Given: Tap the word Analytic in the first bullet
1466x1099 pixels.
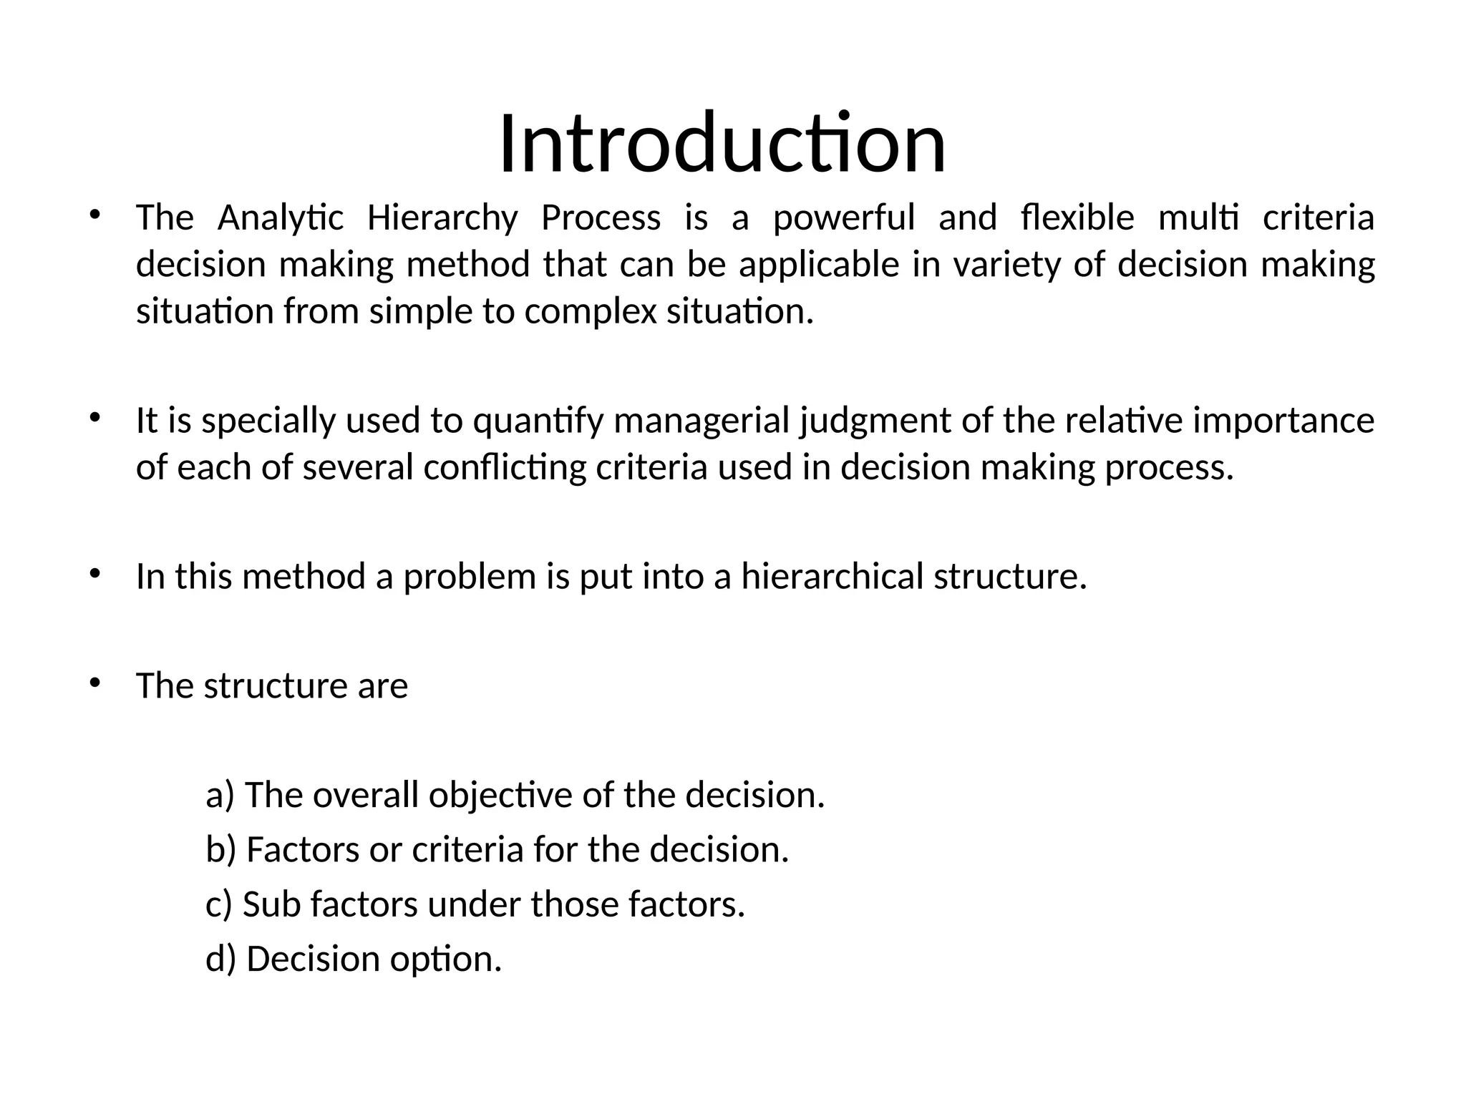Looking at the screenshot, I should click(281, 218).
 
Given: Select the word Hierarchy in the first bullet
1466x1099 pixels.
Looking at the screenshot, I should click(442, 218).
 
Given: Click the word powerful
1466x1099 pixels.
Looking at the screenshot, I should click(844, 218).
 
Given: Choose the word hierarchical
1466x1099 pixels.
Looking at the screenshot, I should click(832, 577).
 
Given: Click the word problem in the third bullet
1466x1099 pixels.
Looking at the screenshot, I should click(470, 577).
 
